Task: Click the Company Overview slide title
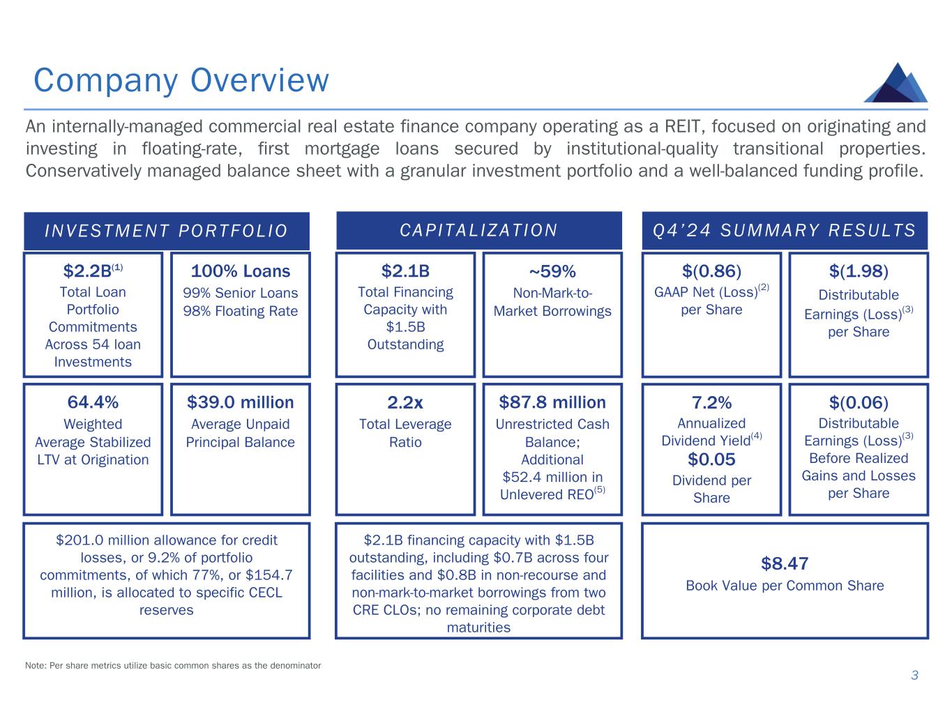tap(181, 81)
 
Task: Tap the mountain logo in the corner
tap(896, 83)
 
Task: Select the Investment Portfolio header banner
tap(167, 231)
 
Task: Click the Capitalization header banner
tap(479, 230)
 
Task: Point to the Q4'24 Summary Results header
tap(785, 230)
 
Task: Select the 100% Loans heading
tap(241, 271)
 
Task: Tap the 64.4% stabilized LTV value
tap(93, 402)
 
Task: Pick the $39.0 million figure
tap(241, 402)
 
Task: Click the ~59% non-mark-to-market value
tap(552, 272)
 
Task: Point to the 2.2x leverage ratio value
tap(405, 403)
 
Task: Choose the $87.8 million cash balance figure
tap(552, 402)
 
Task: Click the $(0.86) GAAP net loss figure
tap(711, 271)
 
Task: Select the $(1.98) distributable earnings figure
tap(859, 271)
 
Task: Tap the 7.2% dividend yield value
tap(711, 403)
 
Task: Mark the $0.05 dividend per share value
tap(711, 459)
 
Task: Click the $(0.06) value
tap(859, 403)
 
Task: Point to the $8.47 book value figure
tap(785, 563)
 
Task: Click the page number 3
tap(915, 676)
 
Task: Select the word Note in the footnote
tap(36, 665)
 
